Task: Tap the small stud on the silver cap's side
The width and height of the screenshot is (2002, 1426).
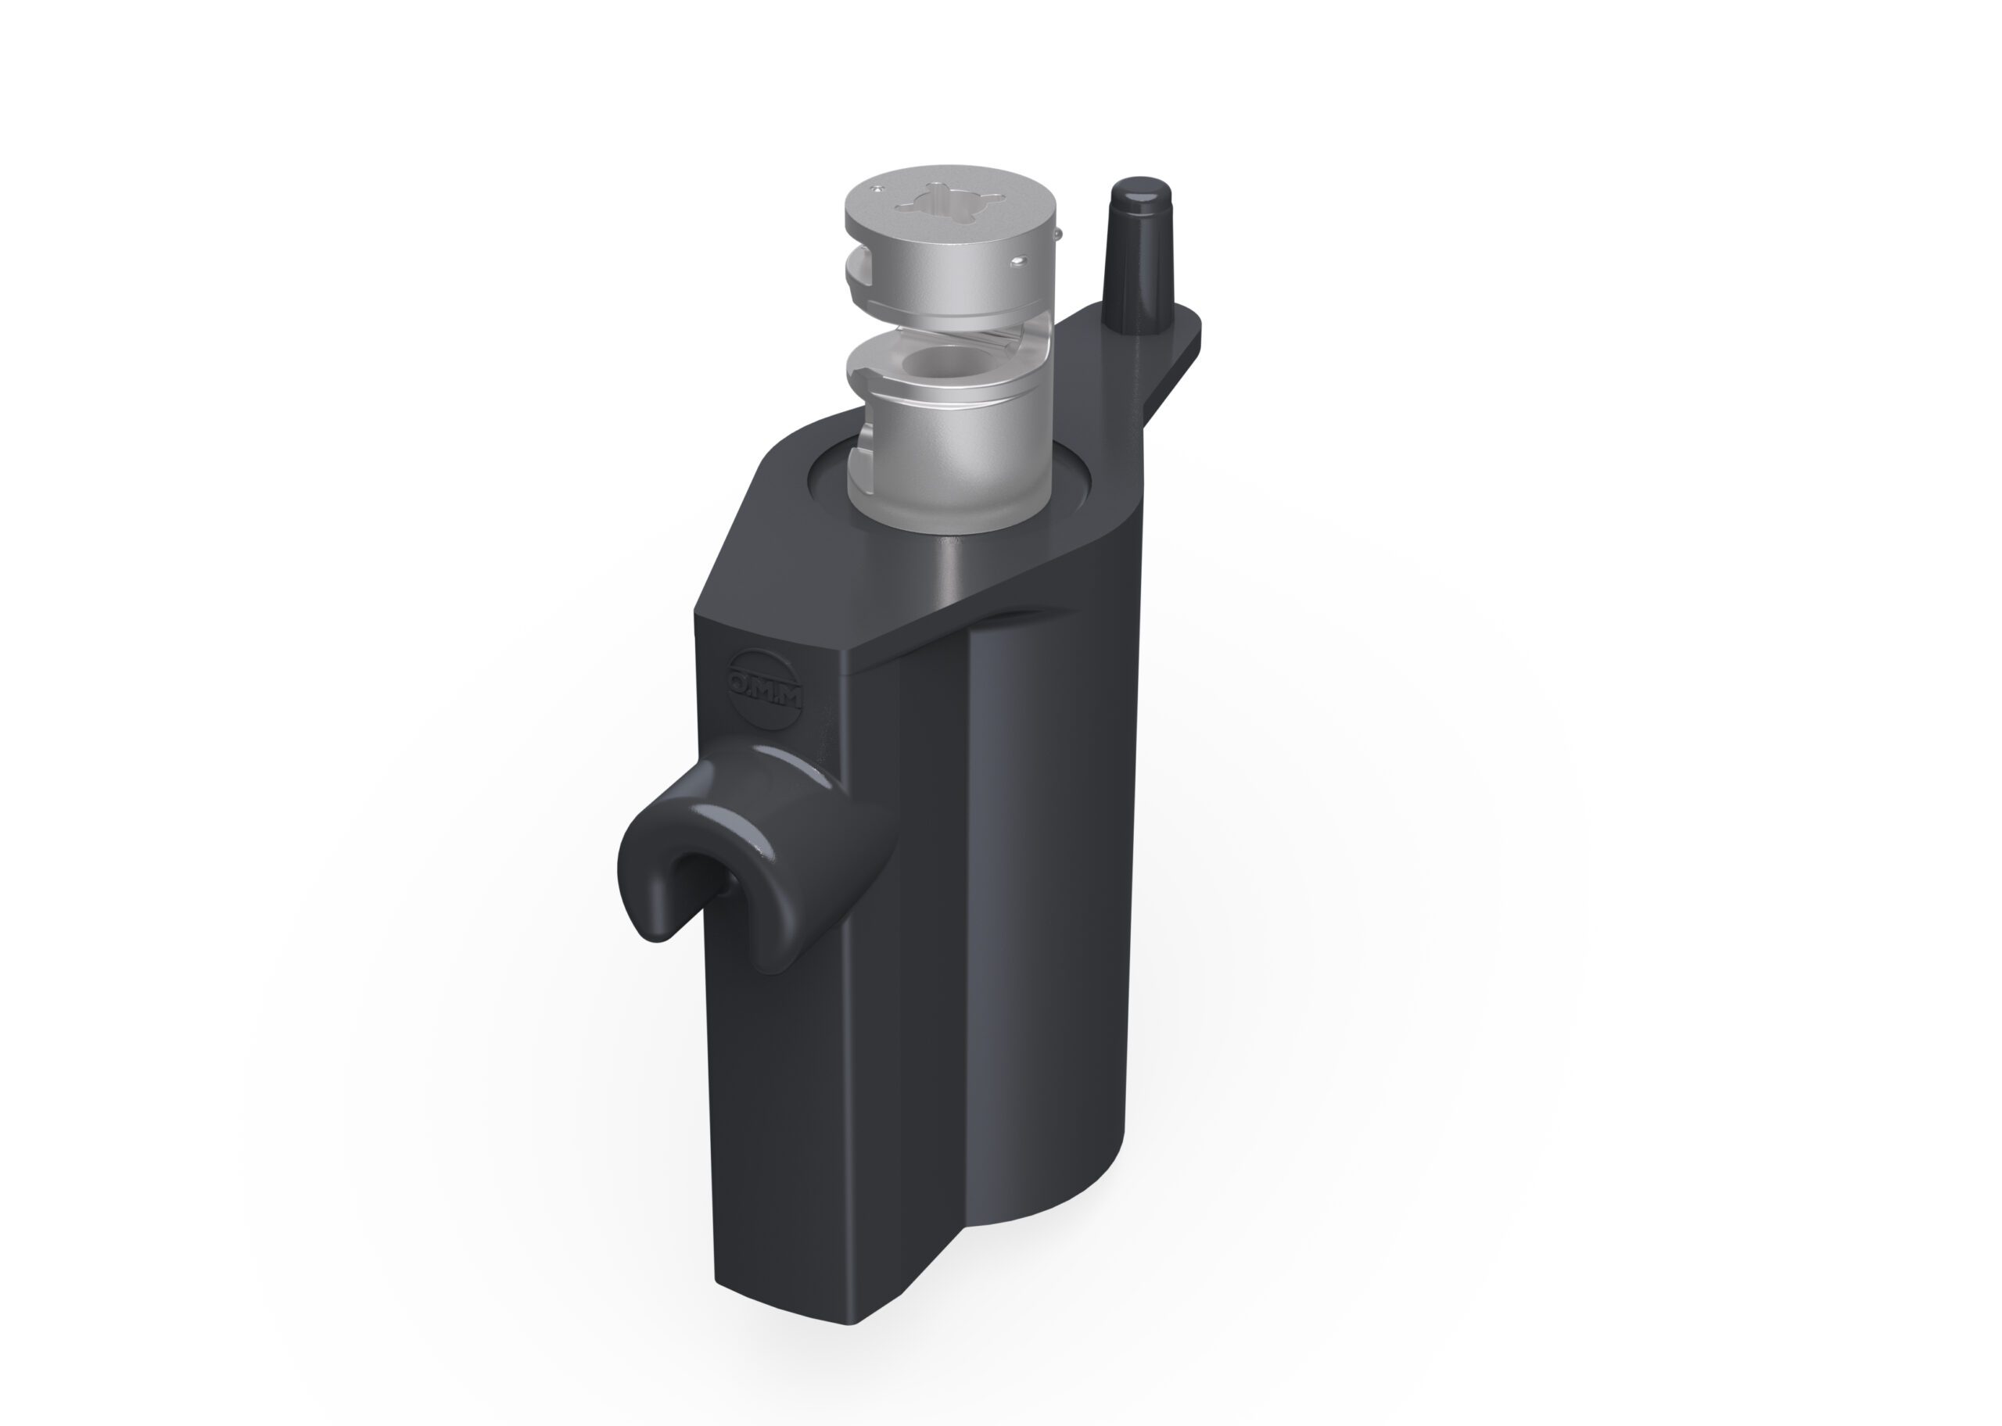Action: (x=1018, y=262)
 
